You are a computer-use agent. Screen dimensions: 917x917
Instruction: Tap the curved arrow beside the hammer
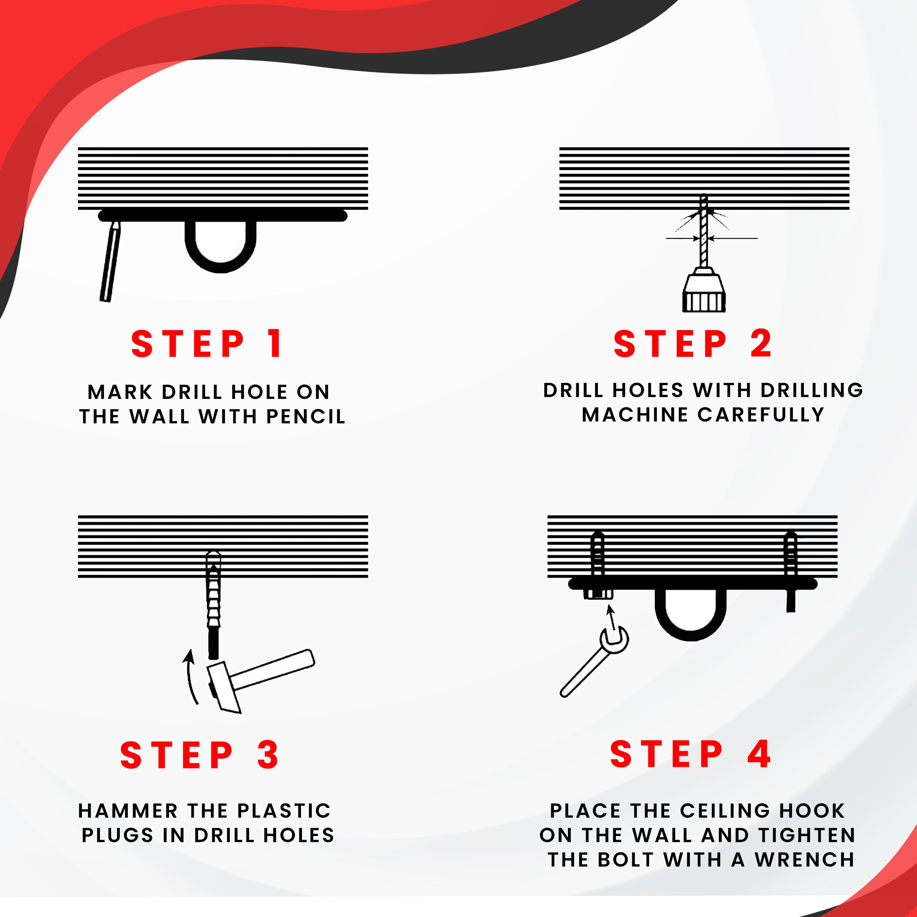190,676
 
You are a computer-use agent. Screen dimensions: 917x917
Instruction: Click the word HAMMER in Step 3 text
128,811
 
